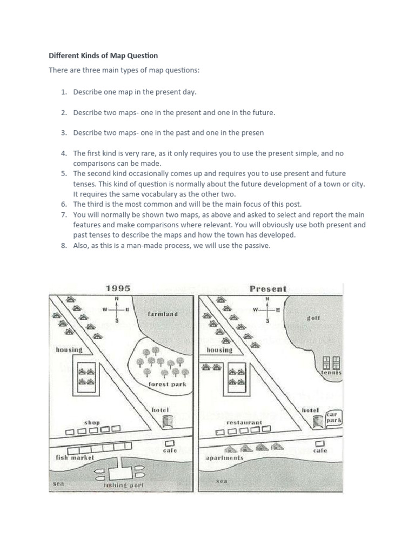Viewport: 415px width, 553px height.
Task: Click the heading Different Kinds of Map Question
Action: [103, 56]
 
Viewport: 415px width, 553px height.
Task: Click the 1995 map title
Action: [118, 288]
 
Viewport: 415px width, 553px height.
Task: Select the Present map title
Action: [268, 289]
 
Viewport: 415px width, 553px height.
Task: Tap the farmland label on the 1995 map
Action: [162, 314]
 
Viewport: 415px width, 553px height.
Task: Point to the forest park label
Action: [167, 384]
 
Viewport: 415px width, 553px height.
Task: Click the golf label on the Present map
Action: [313, 318]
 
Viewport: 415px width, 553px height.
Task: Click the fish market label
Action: [75, 457]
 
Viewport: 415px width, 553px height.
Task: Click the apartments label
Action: [225, 457]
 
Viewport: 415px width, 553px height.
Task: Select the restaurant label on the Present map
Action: [244, 422]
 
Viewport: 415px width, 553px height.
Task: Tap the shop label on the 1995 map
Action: [92, 422]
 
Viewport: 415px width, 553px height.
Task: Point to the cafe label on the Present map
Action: [320, 450]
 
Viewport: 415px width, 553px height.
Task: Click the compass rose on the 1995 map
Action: [116, 310]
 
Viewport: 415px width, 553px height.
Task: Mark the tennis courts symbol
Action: [330, 362]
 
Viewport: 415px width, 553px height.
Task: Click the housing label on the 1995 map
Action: [69, 349]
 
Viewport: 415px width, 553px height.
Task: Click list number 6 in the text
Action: [63, 204]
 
